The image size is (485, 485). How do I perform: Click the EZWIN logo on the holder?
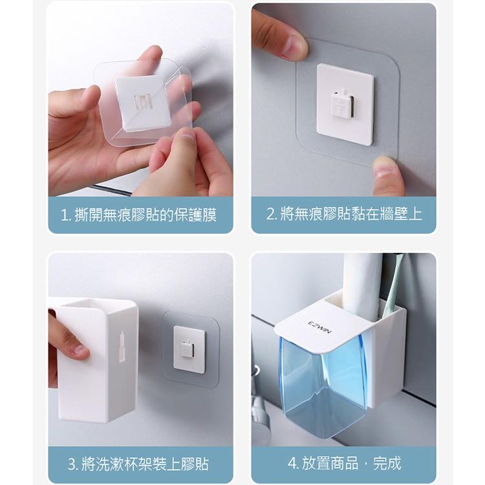tap(321, 325)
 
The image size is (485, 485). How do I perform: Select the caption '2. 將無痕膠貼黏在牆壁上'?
tap(344, 214)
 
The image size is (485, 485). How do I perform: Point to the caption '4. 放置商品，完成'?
tap(344, 463)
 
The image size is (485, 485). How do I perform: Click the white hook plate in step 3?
tap(189, 350)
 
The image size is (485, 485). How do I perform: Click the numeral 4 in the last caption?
tap(291, 463)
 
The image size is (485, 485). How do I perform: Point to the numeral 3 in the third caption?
tap(72, 464)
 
